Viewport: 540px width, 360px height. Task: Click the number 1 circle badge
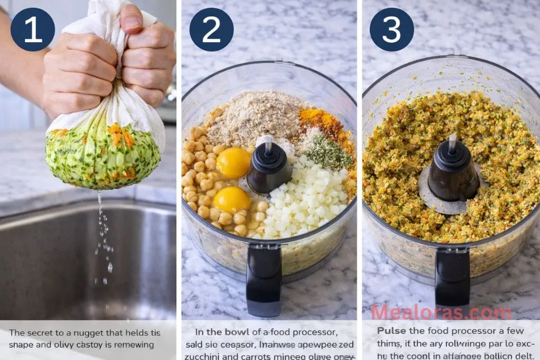pos(33,30)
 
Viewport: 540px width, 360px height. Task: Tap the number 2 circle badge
pos(211,30)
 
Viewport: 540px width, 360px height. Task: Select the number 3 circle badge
pos(391,30)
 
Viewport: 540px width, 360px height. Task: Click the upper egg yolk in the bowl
pos(233,163)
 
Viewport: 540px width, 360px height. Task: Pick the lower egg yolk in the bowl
pos(232,199)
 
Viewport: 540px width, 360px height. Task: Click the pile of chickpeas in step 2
pos(203,179)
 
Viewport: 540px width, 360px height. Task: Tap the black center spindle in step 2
pos(269,166)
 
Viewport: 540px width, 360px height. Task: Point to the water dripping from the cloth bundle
pos(103,237)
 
